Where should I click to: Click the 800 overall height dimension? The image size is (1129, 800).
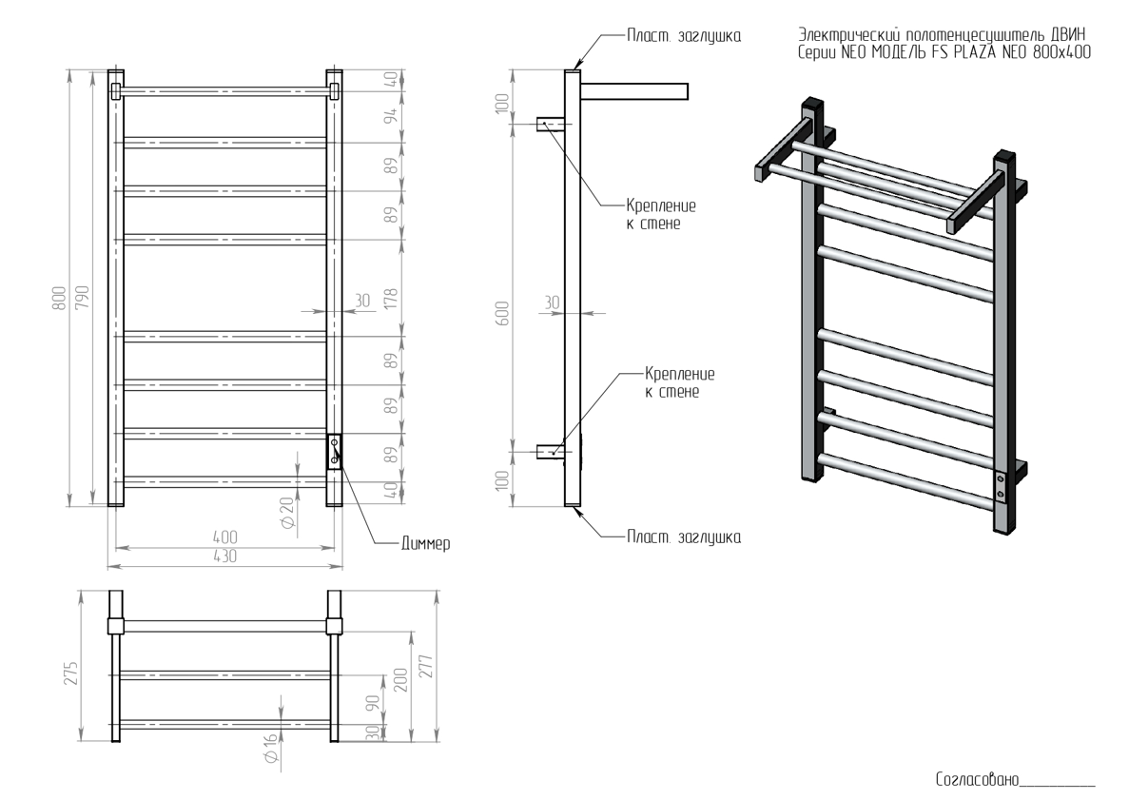click(61, 298)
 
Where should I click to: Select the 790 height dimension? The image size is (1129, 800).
click(82, 298)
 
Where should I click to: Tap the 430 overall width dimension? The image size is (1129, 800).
click(224, 556)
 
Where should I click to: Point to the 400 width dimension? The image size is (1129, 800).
click(224, 537)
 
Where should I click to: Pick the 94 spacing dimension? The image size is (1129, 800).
click(391, 115)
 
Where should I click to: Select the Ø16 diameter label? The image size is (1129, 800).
click(271, 749)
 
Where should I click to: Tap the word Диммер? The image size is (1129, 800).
click(425, 544)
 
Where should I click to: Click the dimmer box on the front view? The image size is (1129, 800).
click(334, 452)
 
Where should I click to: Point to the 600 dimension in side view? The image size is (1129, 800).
click(502, 313)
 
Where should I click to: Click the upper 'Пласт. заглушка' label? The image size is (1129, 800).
click(683, 36)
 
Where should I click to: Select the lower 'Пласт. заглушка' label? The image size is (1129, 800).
click(683, 537)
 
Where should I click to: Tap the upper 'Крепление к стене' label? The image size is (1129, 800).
click(661, 215)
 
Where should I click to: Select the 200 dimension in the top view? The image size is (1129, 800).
click(401, 680)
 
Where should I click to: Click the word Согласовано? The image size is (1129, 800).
click(978, 779)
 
